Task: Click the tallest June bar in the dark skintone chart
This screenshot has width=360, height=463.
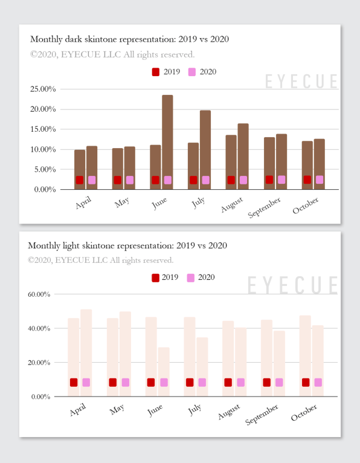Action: [x=167, y=142]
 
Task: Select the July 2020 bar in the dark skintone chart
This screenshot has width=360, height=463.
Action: [x=205, y=150]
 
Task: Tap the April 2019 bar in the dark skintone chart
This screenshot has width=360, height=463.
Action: [x=80, y=169]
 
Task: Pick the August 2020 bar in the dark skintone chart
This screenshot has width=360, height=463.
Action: [x=243, y=156]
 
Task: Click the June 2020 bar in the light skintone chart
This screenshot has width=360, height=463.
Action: [x=164, y=372]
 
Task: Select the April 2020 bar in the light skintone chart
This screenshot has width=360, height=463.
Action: [x=86, y=353]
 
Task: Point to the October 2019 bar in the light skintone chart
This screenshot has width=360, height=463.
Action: [x=305, y=356]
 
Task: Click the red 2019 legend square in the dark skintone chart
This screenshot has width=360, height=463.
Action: [x=155, y=72]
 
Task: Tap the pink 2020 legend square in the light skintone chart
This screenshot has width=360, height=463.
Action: [x=191, y=277]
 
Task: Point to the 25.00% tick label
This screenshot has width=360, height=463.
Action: [x=43, y=89]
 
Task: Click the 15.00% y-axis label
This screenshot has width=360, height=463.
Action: [x=43, y=129]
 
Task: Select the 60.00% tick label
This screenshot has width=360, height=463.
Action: [x=39, y=294]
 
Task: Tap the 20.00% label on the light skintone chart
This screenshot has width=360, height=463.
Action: [x=39, y=362]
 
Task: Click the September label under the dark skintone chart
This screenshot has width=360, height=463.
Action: [x=264, y=207]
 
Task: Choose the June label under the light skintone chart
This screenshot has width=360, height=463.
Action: [x=155, y=410]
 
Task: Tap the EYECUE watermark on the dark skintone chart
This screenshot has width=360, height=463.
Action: [x=301, y=81]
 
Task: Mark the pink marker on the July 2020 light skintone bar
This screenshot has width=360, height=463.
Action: [x=202, y=383]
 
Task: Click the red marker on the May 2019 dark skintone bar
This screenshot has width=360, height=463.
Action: [x=117, y=180]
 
